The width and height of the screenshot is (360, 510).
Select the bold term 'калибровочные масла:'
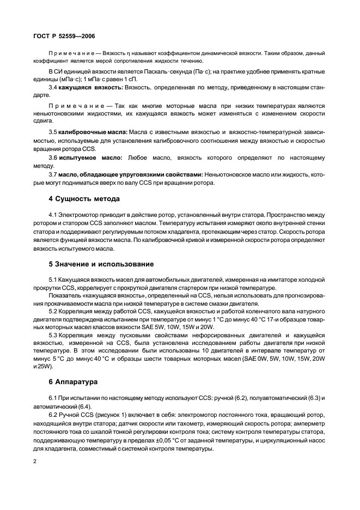pos(93,132)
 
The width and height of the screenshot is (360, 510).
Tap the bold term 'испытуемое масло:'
pos(88,157)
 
